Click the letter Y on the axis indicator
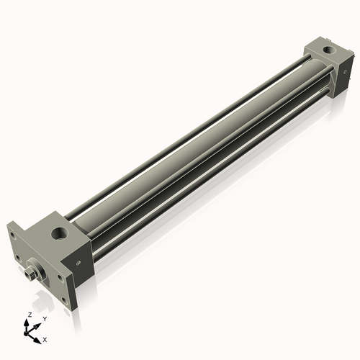[x=44, y=318]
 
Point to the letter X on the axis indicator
[x=45, y=338]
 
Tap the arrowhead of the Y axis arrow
[x=38, y=325]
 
